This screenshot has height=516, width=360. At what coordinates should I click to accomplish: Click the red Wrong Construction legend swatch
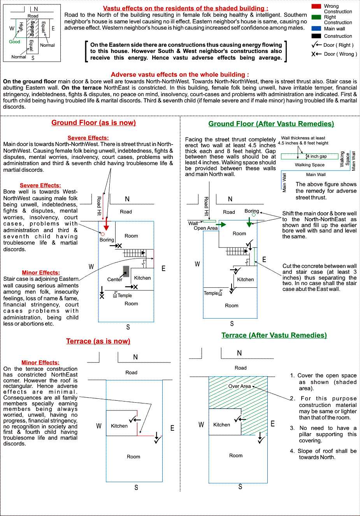pos(316,6)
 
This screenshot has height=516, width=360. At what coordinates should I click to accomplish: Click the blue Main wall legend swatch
pos(316,28)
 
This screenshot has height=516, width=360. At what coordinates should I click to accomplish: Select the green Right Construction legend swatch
pos(316,17)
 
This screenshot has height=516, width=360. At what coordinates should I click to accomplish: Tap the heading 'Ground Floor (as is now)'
pos(93,123)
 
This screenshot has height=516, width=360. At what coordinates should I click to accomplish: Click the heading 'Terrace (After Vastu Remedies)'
pos(274,335)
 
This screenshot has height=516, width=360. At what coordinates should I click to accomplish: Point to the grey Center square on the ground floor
pos(126,271)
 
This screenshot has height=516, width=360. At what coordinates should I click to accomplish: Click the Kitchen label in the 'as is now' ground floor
pos(142,278)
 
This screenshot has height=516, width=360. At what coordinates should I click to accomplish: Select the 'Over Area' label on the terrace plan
pos(239,386)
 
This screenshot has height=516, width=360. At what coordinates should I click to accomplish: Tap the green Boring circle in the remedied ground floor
pos(254,214)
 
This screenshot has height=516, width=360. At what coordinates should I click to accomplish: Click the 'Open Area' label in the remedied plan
pos(205,228)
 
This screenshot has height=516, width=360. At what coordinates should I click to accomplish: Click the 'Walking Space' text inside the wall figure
pos(309,165)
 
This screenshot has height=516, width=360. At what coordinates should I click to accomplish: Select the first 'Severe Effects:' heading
pos(88,138)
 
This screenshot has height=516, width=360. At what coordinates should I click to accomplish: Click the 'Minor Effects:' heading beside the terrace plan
pos(40,363)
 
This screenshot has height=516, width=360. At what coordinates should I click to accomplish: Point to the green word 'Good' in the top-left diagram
pos(14,42)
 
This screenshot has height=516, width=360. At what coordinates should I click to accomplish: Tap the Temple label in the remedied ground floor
pos(211,293)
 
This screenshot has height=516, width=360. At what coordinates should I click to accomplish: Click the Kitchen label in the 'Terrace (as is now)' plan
pos(119,426)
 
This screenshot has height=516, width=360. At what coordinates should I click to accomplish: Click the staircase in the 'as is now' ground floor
pos(134,253)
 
